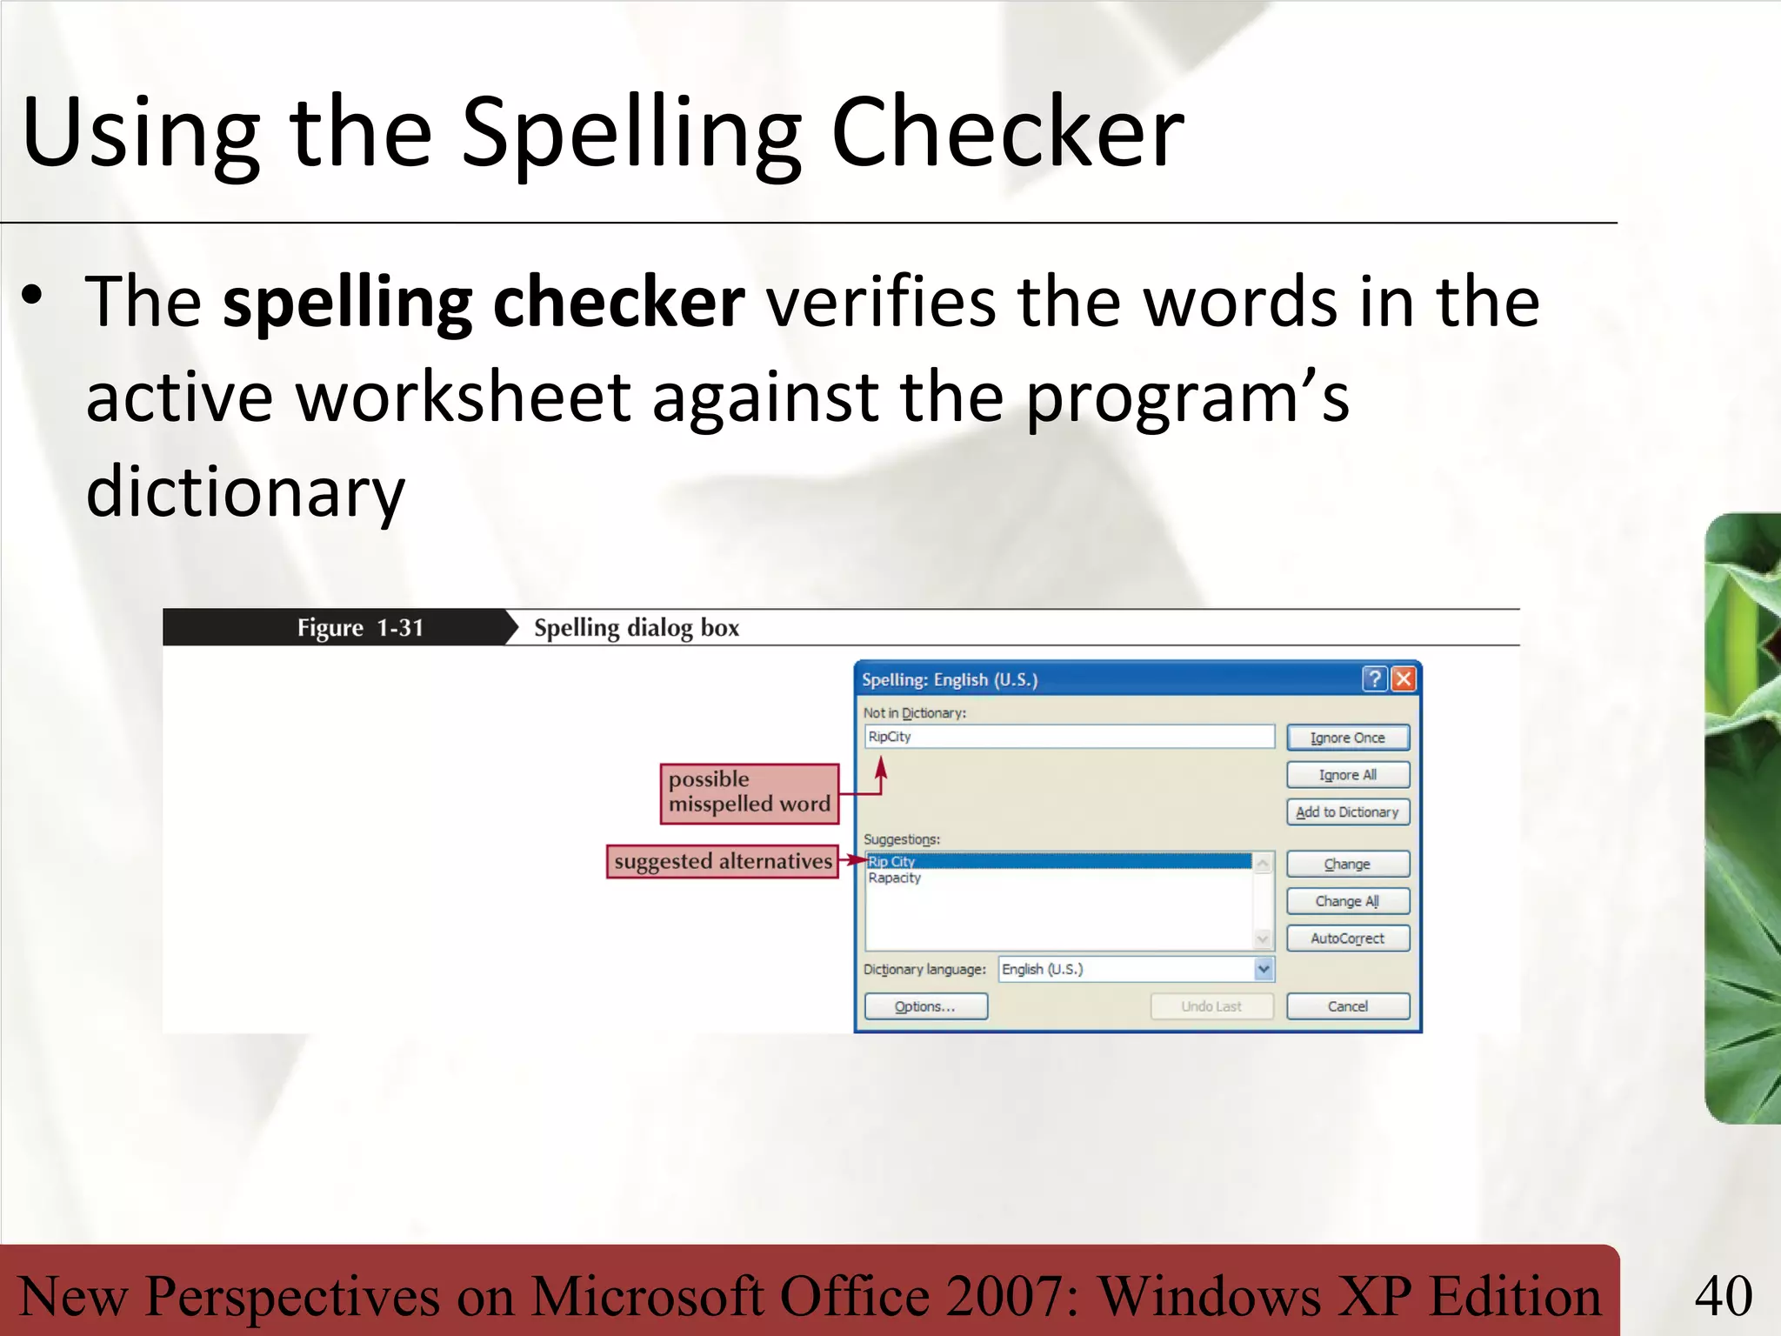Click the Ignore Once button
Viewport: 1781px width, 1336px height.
1347,738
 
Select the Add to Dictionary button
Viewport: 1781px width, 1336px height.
1347,812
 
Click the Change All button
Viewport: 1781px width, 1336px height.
1347,901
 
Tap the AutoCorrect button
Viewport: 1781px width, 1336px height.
1347,939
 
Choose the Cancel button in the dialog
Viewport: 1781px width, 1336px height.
1347,1006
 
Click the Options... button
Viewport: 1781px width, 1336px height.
925,1006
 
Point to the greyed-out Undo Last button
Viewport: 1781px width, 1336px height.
1211,1006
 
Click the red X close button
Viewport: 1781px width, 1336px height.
1404,678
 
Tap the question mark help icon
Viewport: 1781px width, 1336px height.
1375,678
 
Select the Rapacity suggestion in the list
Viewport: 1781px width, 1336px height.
894,878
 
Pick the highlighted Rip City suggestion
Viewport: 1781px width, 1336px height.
892,861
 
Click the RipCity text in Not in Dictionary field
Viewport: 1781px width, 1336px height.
890,737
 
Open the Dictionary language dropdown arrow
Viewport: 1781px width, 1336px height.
1264,969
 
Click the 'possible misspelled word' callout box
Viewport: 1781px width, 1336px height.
750,792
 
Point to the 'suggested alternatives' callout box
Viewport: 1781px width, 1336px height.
722,861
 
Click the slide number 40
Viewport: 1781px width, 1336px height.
1723,1296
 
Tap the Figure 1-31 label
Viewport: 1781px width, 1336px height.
360,627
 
